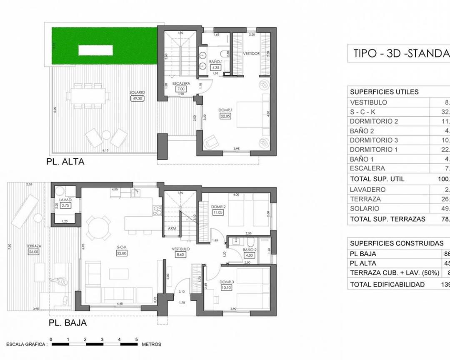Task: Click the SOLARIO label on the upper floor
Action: (137, 92)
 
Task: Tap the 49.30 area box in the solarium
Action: (137, 99)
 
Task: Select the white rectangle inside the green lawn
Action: (95, 50)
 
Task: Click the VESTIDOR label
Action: (252, 54)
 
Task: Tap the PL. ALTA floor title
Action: (65, 162)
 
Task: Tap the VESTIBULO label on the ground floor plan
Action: (181, 249)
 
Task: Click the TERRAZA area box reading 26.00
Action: (33, 252)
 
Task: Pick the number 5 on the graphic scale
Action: (137, 339)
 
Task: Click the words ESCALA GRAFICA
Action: (25, 345)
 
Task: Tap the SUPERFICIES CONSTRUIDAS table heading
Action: (397, 243)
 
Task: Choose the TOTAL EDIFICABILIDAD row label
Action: (387, 284)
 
